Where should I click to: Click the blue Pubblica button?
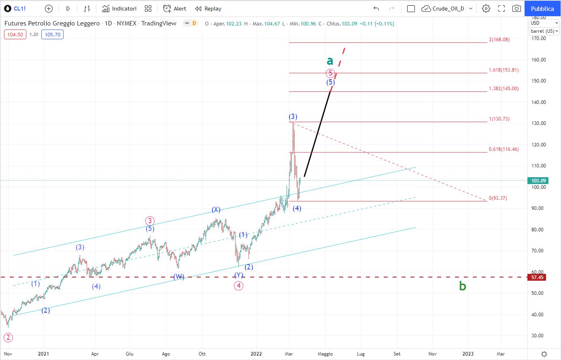click(542, 8)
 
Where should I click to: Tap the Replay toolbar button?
click(208, 8)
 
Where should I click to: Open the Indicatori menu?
click(119, 8)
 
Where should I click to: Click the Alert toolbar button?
click(174, 8)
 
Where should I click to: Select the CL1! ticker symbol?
click(19, 8)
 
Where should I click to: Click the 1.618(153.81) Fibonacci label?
click(504, 70)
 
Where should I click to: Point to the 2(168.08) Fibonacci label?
click(499, 39)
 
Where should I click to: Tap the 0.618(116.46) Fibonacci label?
click(504, 149)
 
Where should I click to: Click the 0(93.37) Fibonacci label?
click(497, 198)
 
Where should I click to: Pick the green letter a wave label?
click(330, 61)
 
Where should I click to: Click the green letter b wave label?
click(463, 286)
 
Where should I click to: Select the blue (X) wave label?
click(216, 210)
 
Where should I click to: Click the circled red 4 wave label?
click(238, 286)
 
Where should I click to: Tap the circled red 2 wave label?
click(8, 337)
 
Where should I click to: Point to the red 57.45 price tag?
click(537, 277)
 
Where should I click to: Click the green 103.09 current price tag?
click(538, 180)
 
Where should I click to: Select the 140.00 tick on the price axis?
click(538, 102)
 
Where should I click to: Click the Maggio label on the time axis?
click(325, 354)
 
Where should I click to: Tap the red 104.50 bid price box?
click(15, 34)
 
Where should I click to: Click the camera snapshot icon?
click(516, 8)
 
